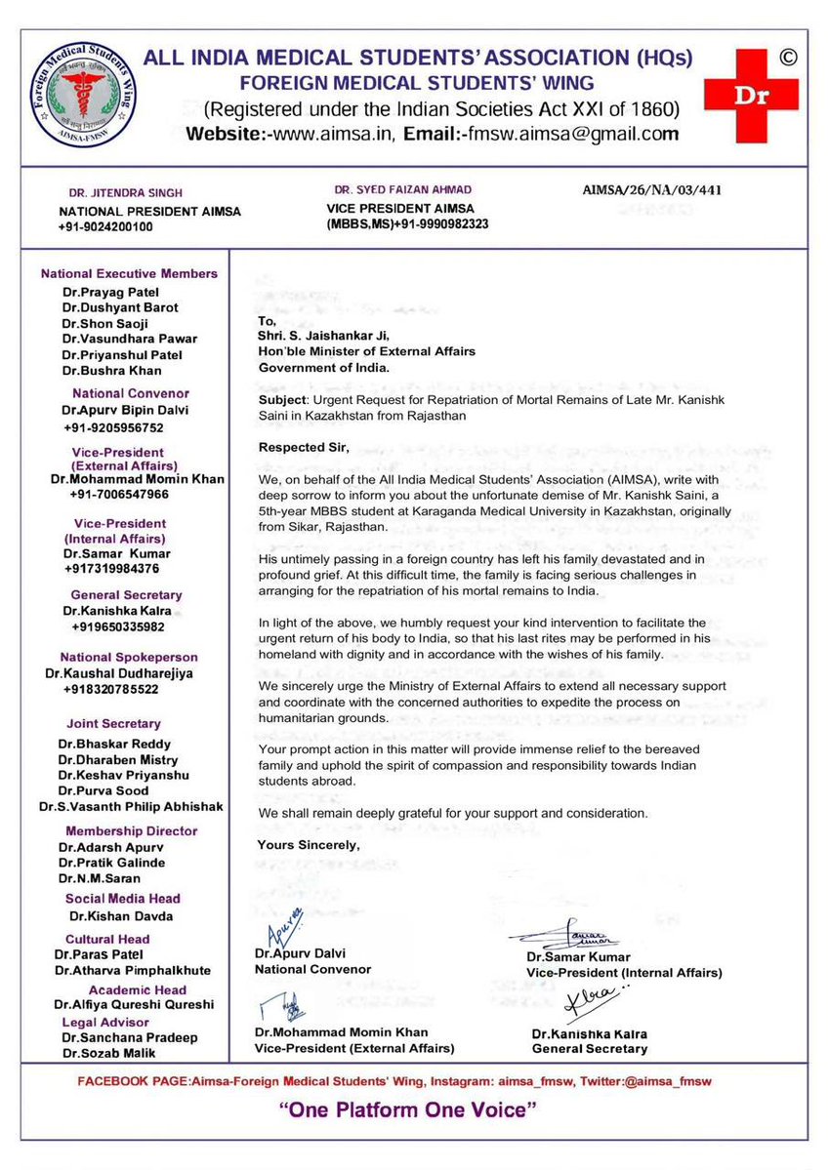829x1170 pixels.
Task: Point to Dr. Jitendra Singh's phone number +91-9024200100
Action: (105, 226)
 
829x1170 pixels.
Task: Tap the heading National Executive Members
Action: (129, 274)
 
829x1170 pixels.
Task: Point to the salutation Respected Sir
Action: (301, 448)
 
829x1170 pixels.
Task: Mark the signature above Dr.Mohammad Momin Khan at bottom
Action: (277, 1010)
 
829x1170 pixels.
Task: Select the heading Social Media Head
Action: (123, 899)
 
